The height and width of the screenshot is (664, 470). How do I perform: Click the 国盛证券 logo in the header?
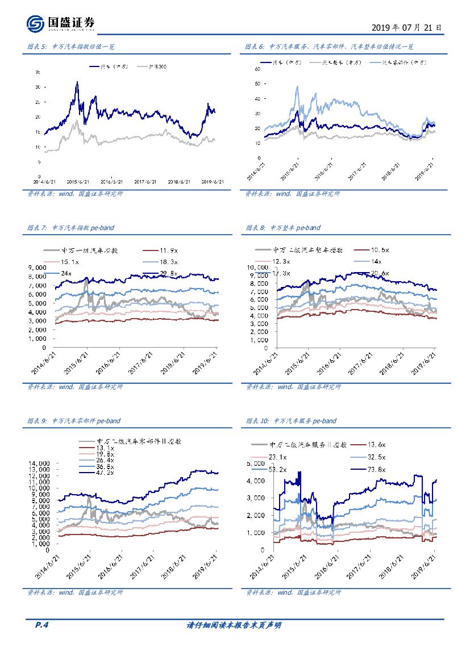[x=61, y=23]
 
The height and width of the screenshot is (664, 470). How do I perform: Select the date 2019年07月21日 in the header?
[x=406, y=27]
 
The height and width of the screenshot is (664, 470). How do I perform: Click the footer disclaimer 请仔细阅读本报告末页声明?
[x=234, y=625]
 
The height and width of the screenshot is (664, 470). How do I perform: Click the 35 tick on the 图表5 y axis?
[x=38, y=72]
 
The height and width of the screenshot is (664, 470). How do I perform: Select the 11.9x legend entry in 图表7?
[x=169, y=250]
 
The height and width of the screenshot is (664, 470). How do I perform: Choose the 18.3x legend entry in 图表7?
[x=169, y=262]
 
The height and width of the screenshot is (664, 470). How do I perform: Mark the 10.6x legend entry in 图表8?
[x=380, y=250]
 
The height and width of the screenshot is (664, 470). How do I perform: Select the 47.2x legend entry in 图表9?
[x=105, y=473]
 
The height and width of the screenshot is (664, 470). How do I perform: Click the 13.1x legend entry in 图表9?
[x=105, y=448]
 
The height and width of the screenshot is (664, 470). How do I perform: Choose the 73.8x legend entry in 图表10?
[x=376, y=469]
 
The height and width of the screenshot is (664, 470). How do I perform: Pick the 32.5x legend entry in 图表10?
[x=376, y=457]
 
